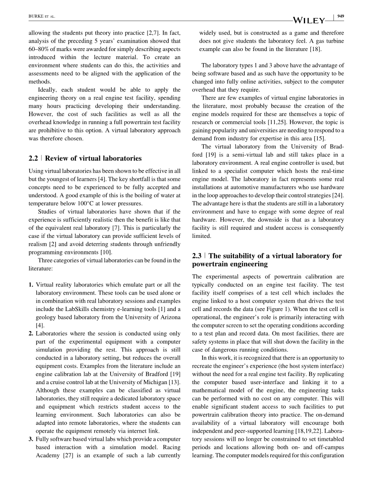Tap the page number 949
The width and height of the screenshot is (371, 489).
[x=341, y=16]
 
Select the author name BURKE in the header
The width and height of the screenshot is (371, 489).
[x=35, y=16]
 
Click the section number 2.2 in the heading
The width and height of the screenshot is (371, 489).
[x=33, y=158]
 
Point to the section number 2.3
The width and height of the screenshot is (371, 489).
[x=197, y=256]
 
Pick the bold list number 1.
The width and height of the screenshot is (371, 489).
[x=31, y=284]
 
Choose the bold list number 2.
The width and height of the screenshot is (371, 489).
[x=31, y=334]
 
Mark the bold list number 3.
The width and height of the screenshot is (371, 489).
[x=31, y=439]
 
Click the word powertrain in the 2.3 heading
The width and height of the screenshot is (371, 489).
[x=212, y=264]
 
